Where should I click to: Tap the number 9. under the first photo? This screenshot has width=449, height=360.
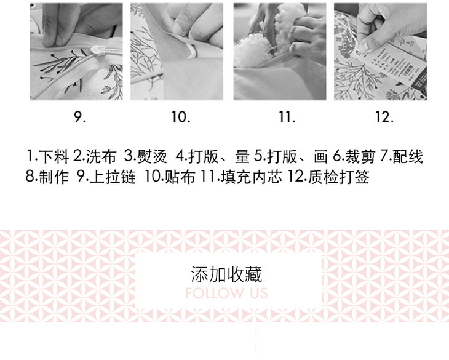coord(80,117)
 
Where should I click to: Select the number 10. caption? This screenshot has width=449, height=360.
coord(181,117)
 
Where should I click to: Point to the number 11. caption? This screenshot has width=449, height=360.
coord(287,117)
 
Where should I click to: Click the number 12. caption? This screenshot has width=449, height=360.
coord(384,117)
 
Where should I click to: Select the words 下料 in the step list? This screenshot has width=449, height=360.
coord(54,157)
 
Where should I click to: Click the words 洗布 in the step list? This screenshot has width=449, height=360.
coord(101,157)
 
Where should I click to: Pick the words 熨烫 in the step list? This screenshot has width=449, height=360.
coord(152,157)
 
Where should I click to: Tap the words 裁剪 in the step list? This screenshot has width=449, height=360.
coord(360,157)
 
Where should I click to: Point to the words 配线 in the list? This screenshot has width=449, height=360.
coord(408,157)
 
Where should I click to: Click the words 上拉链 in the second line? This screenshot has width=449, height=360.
coord(113,177)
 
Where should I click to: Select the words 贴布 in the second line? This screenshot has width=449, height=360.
coord(180,177)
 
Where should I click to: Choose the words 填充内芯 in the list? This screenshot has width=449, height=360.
coord(252,177)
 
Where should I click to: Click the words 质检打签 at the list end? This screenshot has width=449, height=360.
coord(338,177)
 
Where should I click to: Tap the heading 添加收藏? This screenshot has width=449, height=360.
coord(226,274)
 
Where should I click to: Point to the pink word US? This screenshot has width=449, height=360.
coord(259,294)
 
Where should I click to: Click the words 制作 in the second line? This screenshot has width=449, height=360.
coord(54,177)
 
